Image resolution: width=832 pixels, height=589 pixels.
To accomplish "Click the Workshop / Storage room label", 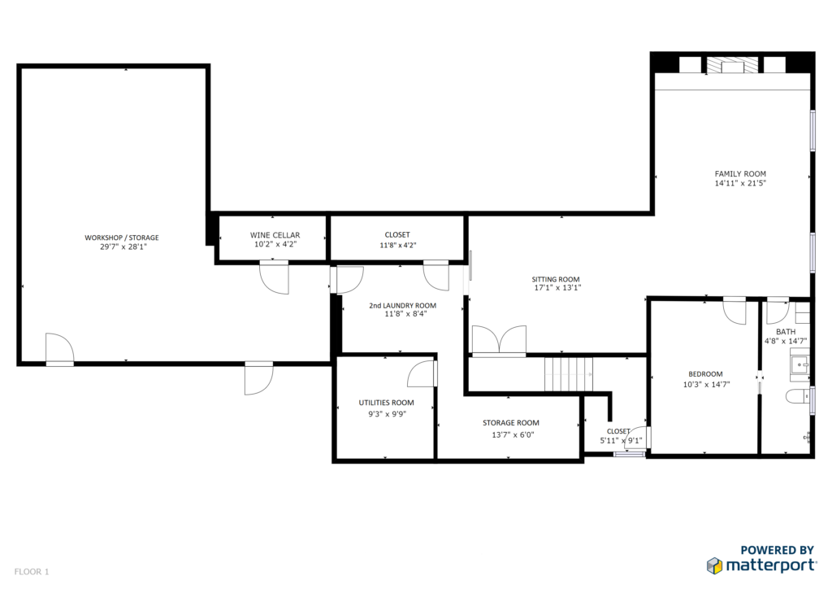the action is [x=122, y=238].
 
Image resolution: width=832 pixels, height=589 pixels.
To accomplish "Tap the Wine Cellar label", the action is [x=275, y=235].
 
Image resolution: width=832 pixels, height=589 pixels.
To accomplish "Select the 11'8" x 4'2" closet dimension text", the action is [x=397, y=246].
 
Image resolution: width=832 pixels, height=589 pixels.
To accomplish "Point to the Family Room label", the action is [x=740, y=173].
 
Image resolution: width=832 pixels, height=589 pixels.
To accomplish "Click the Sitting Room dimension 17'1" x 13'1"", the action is [x=557, y=288].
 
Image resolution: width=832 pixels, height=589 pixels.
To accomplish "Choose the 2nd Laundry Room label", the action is [x=403, y=305].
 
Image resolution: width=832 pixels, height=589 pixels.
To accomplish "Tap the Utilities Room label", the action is [x=386, y=403].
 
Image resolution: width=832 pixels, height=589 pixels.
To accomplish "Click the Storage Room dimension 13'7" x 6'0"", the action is [x=513, y=434].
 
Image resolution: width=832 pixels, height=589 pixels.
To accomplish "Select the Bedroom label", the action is [x=706, y=374].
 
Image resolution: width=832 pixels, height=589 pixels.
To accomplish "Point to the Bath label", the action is [x=786, y=332].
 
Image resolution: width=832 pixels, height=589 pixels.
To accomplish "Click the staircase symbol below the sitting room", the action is [x=569, y=374].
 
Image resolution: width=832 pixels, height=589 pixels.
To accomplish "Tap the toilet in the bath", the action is [x=798, y=396].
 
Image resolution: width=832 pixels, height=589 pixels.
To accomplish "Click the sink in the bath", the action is [x=799, y=365].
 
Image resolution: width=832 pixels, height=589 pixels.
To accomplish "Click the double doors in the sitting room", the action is [x=500, y=340].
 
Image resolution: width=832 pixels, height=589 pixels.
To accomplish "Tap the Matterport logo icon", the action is [x=715, y=565].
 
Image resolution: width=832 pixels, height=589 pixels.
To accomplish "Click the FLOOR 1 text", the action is [x=32, y=572].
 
